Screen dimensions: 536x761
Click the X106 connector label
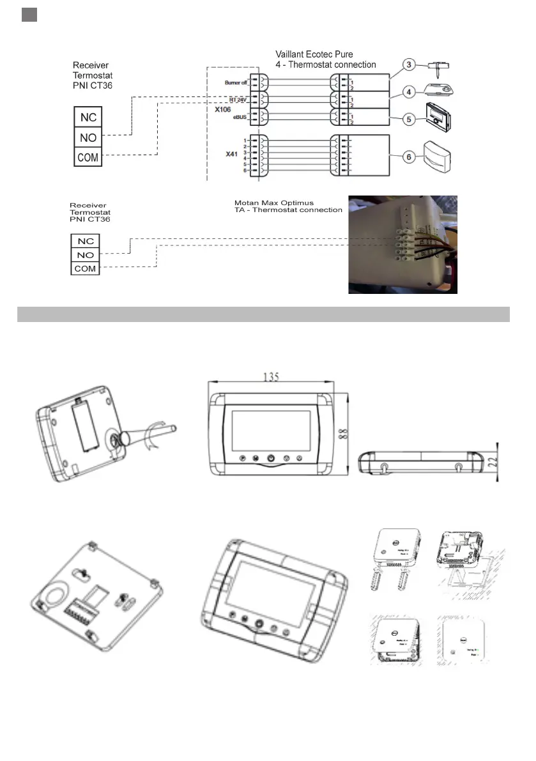223,109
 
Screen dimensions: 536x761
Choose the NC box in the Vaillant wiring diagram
88,118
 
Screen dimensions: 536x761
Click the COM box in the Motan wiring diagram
85,269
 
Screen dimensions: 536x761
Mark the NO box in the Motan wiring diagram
85,255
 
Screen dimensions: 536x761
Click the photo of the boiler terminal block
402,244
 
